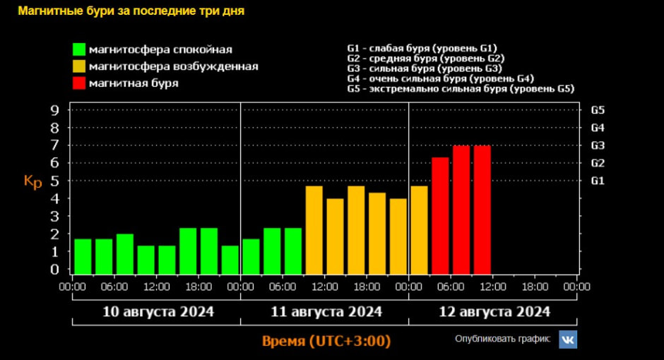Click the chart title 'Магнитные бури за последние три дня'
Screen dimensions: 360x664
(131, 12)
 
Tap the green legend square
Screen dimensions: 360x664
(78, 49)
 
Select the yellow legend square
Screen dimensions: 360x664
(78, 66)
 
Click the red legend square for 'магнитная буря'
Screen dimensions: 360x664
(78, 83)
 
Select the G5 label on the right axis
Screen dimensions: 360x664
(598, 110)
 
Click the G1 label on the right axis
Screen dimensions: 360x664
(598, 181)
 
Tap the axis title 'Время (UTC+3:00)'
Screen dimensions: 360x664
(326, 341)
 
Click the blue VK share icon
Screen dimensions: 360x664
(568, 340)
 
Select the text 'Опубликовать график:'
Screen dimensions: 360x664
(502, 339)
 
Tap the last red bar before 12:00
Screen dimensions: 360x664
(482, 210)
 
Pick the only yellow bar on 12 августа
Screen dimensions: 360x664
(419, 230)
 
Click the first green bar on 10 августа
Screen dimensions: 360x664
(83, 256)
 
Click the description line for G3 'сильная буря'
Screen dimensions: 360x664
(425, 68)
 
